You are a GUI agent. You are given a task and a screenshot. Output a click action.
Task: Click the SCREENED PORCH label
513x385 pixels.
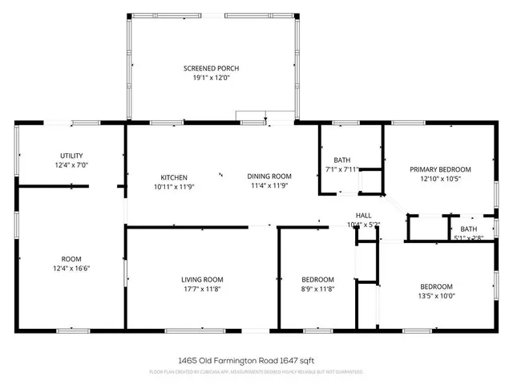click(211, 68)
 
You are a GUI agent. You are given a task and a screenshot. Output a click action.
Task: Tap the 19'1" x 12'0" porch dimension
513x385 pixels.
click(211, 79)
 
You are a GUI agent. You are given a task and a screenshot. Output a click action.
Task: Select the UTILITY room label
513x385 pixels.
click(71, 156)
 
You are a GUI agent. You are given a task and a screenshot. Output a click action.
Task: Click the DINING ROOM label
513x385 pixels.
click(269, 176)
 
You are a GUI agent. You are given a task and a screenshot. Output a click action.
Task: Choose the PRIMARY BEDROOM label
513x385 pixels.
click(440, 169)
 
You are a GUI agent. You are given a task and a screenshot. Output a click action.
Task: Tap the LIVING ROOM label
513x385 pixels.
click(201, 278)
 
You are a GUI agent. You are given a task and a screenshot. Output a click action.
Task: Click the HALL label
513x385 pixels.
click(364, 215)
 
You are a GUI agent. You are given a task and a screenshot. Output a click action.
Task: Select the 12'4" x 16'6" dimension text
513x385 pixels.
click(71, 269)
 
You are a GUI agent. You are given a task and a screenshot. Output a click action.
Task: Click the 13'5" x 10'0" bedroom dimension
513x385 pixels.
click(436, 296)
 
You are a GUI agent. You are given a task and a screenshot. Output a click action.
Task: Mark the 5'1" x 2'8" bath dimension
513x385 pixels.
click(469, 237)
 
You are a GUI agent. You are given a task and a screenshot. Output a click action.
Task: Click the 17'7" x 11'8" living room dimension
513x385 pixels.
click(201, 289)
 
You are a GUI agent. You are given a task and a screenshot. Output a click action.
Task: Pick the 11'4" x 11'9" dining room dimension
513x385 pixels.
click(269, 187)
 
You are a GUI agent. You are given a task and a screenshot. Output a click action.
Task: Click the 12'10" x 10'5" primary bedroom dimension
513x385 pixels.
click(440, 180)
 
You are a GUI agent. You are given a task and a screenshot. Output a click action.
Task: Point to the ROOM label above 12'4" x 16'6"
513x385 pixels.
click(71, 259)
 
